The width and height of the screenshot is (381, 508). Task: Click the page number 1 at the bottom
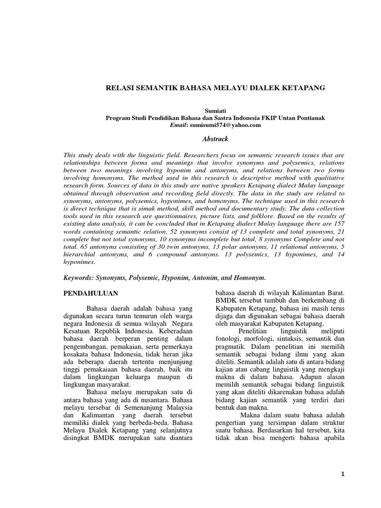coord(342,474)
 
